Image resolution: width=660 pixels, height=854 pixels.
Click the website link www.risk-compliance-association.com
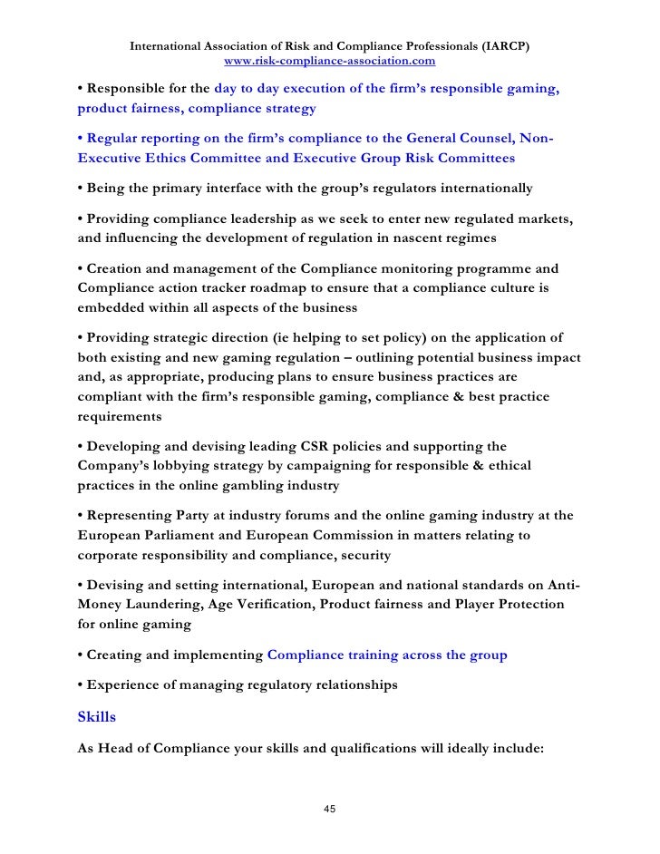(x=329, y=62)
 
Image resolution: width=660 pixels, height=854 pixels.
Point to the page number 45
(x=330, y=809)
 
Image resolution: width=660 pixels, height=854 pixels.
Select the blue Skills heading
(x=98, y=716)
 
